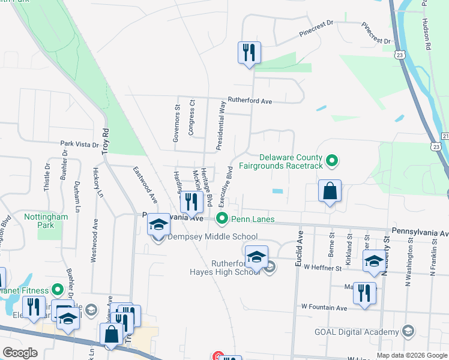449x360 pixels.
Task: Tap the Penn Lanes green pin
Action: click(x=222, y=219)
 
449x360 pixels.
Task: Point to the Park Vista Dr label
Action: click(x=79, y=144)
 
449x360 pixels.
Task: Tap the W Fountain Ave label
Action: click(x=324, y=308)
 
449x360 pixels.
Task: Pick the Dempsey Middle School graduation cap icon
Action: click(x=158, y=225)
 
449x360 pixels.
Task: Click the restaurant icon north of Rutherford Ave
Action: click(x=249, y=52)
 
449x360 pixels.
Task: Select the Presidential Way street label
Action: click(x=221, y=125)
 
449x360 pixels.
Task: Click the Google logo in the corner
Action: click(x=20, y=352)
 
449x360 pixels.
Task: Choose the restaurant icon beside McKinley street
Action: click(x=191, y=202)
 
